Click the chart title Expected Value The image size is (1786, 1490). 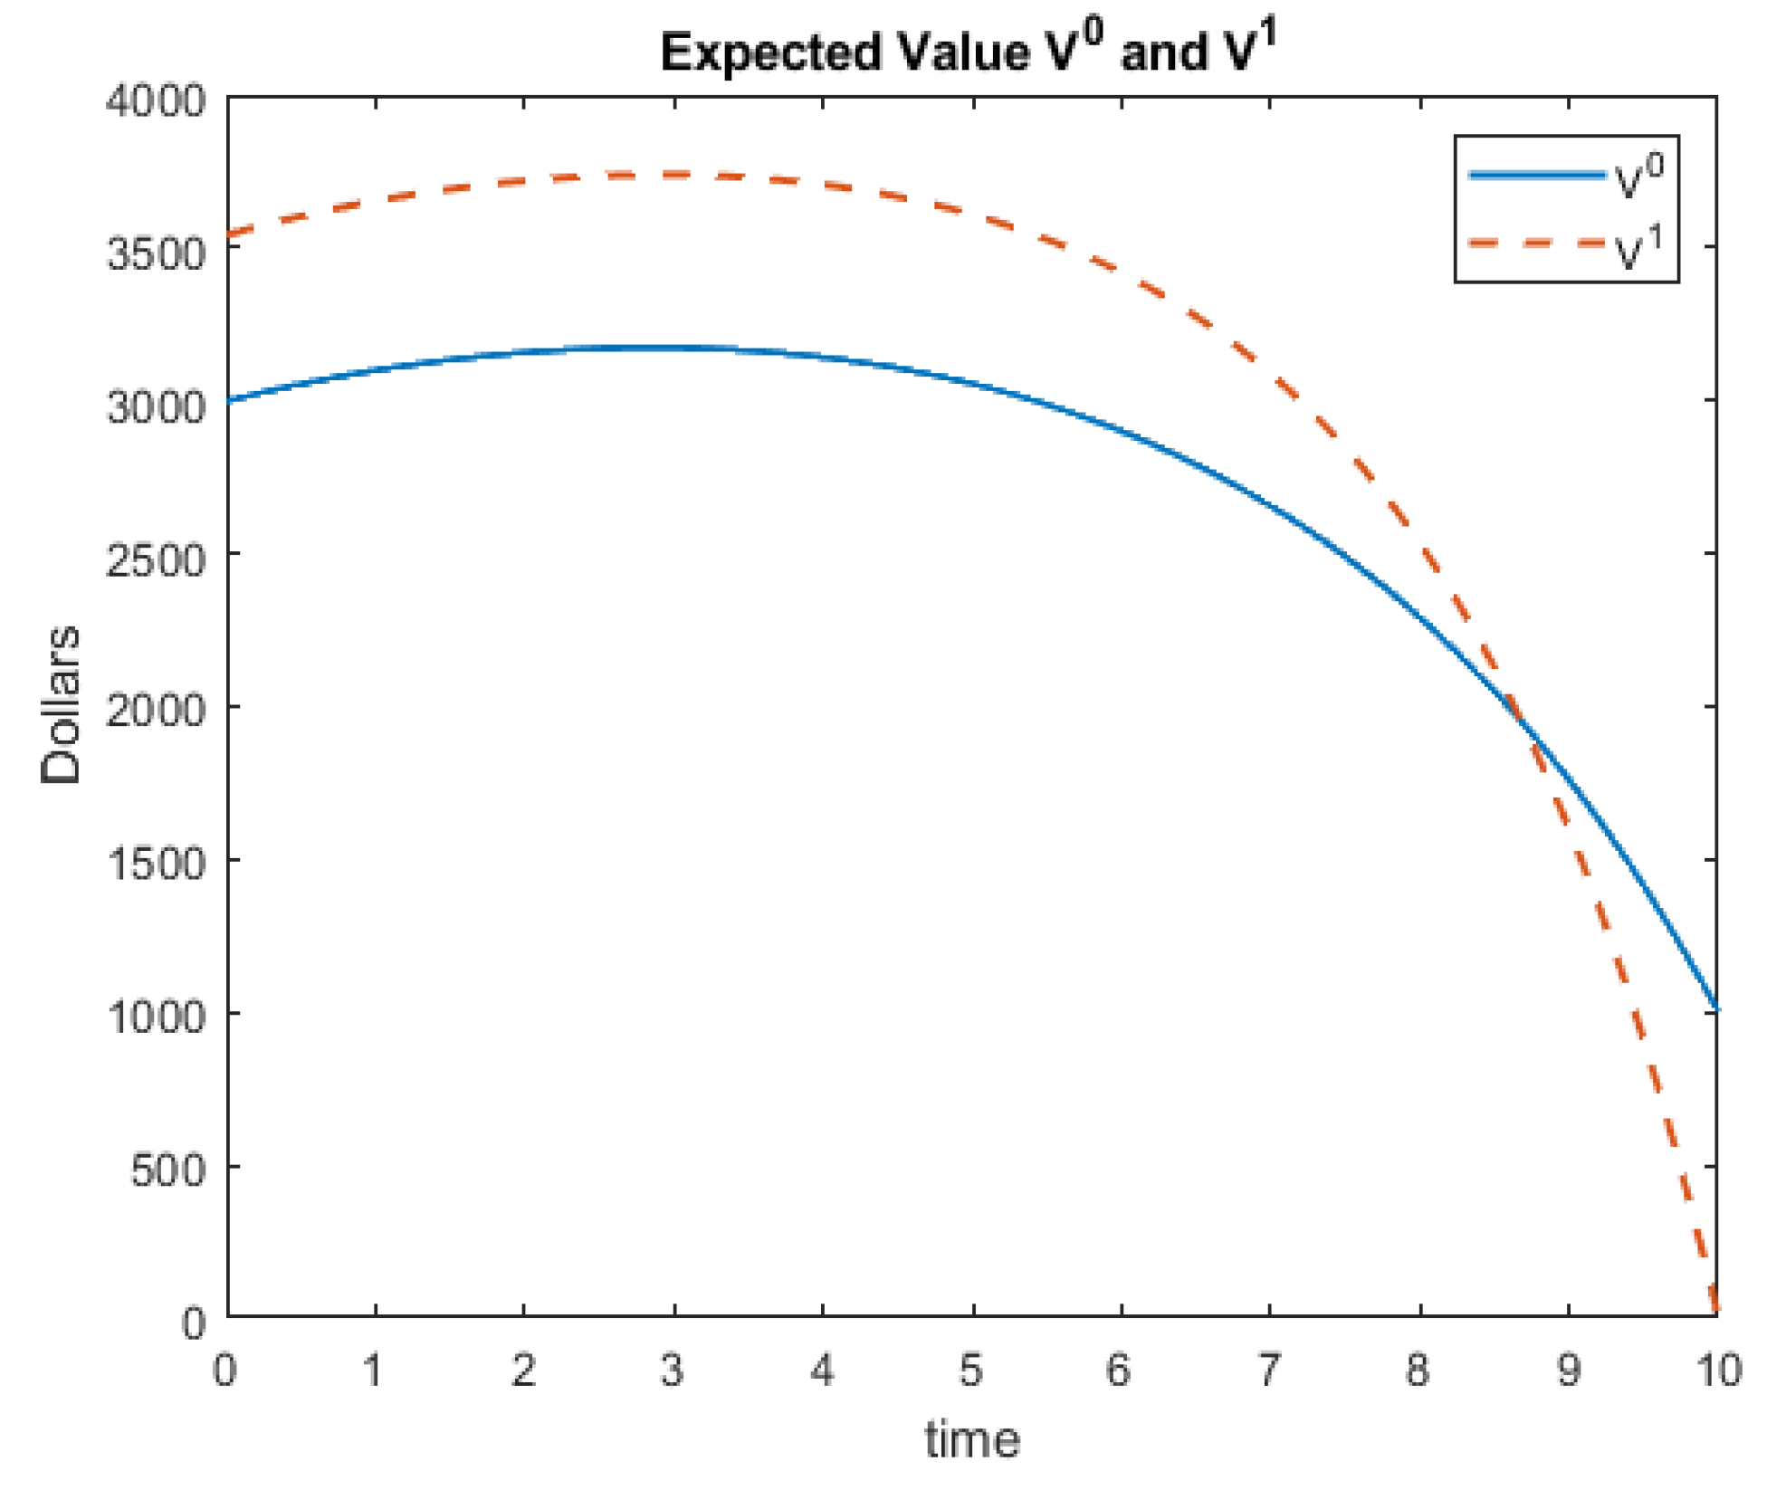[x=967, y=53]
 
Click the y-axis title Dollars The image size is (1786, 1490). [x=62, y=704]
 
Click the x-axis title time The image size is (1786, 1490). [x=972, y=1439]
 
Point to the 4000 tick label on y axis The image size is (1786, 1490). [x=156, y=100]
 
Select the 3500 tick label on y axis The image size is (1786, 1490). [x=156, y=253]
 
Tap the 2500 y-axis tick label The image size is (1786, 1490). [x=156, y=559]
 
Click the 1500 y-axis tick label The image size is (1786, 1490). [x=156, y=864]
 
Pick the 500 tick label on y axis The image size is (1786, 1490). [x=168, y=1170]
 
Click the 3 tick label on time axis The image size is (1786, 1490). [x=672, y=1370]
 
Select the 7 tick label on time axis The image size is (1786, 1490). [x=1269, y=1370]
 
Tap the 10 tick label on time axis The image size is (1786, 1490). [x=1718, y=1370]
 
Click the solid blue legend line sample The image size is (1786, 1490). [x=1537, y=175]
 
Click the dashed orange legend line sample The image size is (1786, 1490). [x=1537, y=244]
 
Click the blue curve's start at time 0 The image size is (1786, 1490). [x=228, y=399]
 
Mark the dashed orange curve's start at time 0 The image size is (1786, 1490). [x=228, y=235]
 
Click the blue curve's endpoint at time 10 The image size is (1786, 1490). [x=1716, y=1008]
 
